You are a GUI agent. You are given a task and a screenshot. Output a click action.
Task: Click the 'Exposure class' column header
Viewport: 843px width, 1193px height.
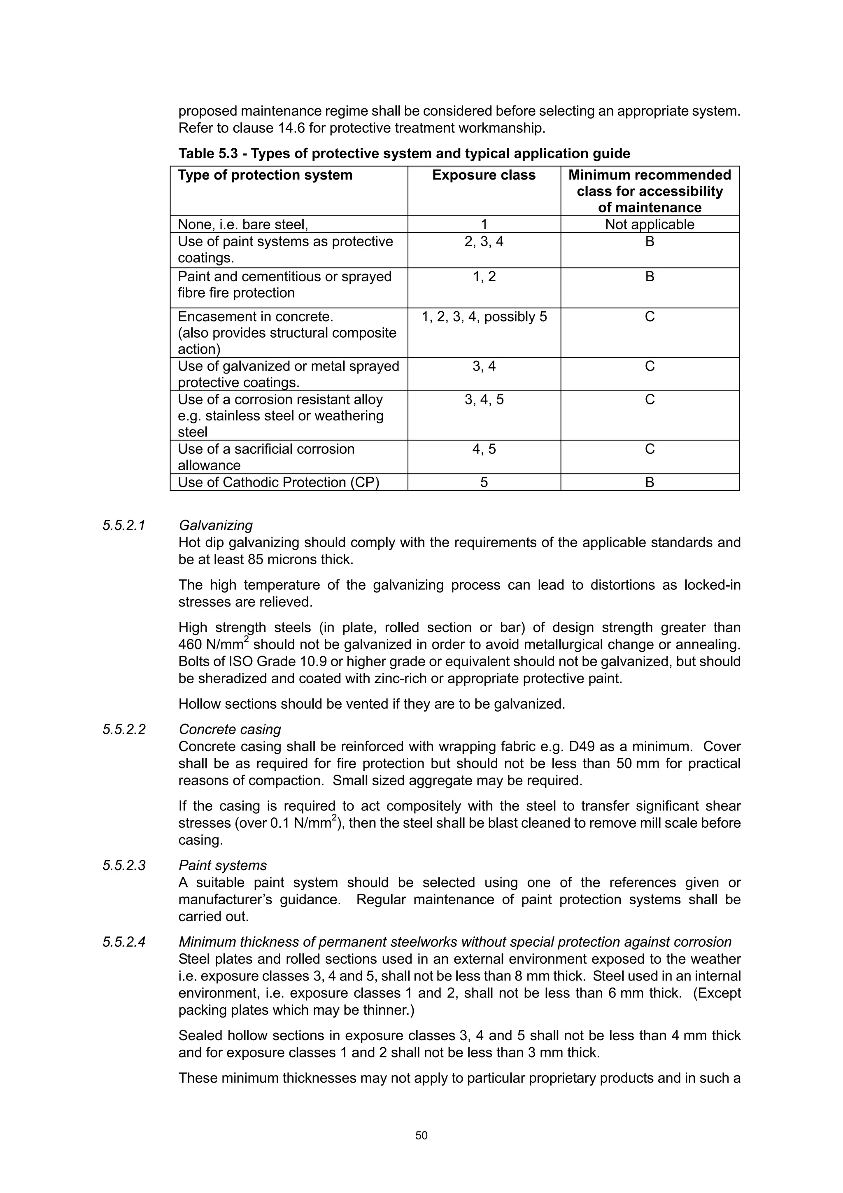[x=484, y=175]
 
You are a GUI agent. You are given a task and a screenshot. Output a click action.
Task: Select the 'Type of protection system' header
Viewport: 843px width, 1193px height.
[x=265, y=175]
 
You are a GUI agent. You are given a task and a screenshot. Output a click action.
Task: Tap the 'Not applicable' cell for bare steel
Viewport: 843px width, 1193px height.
[x=649, y=224]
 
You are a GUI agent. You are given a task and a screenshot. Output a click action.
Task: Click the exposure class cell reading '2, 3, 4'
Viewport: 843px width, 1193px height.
[x=484, y=242]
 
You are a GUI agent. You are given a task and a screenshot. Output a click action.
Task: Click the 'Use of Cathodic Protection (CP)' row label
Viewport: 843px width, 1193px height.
[x=278, y=482]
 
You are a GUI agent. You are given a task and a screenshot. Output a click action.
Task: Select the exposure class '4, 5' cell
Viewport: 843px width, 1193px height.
[x=484, y=449]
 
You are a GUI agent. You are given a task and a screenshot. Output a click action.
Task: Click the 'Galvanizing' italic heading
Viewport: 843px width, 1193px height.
[x=216, y=525]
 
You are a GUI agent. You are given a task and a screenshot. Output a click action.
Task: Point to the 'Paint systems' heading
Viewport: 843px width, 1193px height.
[x=223, y=866]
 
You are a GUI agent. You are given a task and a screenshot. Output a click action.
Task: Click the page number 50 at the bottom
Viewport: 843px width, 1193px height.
[x=421, y=1135]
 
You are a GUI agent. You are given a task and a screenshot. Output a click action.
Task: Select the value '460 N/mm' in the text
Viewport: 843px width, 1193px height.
[x=211, y=645]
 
